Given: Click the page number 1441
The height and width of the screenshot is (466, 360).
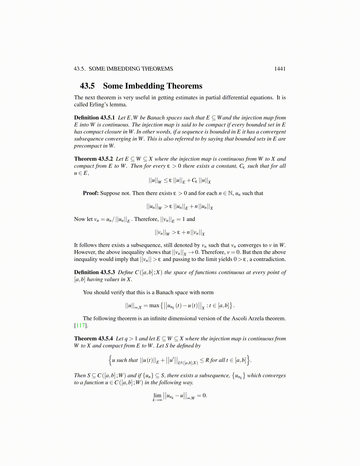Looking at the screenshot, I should coord(280,69).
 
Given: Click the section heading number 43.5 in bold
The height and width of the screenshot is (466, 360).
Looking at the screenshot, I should coord(87,86).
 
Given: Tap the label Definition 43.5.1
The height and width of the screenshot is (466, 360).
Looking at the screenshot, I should coord(94,118).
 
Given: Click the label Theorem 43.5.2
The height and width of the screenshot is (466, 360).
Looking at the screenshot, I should coord(94,159).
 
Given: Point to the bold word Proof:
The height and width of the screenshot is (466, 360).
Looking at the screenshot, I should coord(91,193).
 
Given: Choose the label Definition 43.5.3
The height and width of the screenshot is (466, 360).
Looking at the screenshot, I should coord(94,272).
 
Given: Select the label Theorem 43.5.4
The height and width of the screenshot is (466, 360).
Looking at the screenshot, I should coord(94,339).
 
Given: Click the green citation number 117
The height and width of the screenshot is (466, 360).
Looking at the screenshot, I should coord(80,325).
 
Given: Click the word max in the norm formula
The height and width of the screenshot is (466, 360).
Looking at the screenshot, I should coord(154,305).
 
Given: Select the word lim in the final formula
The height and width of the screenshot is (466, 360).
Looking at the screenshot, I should coord(157,395).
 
